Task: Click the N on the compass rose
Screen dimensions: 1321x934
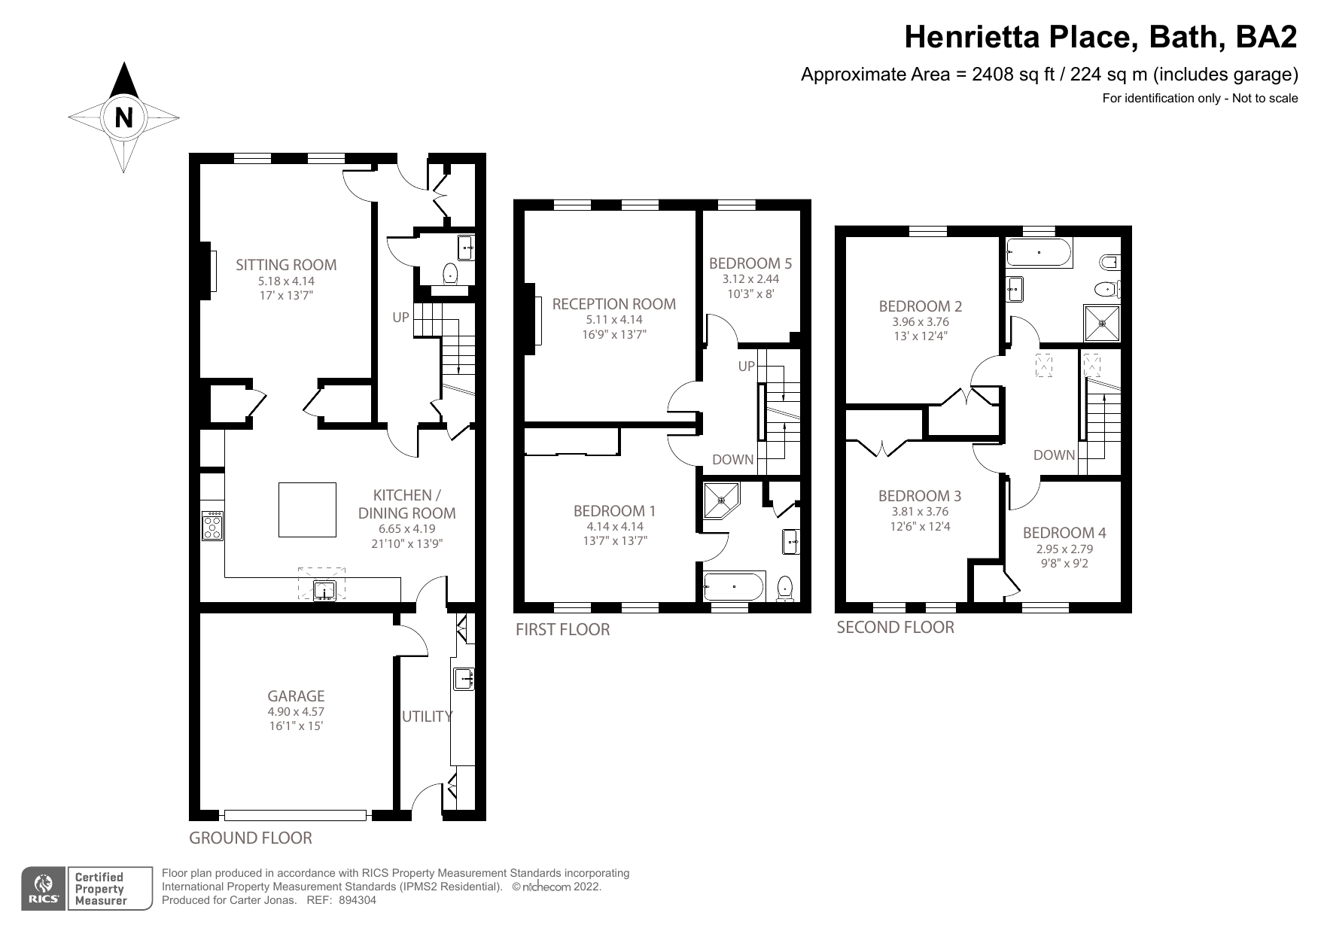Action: click(124, 118)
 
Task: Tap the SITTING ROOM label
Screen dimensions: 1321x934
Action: click(286, 265)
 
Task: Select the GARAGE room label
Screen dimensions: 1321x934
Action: click(297, 696)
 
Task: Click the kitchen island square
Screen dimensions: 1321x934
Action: click(307, 510)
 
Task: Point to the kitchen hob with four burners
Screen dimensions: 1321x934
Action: click(213, 525)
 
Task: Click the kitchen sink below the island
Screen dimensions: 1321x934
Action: click(324, 591)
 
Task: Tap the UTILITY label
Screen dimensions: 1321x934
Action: click(427, 716)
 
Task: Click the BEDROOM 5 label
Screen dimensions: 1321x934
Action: click(750, 263)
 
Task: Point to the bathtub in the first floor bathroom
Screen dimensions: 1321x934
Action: click(734, 586)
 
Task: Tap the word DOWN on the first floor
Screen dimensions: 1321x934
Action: click(732, 460)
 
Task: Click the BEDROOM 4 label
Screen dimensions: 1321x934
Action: click(1064, 533)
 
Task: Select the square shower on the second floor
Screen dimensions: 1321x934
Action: click(1102, 324)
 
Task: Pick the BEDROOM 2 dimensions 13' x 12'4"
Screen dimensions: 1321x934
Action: click(921, 336)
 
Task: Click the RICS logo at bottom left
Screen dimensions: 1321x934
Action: click(44, 889)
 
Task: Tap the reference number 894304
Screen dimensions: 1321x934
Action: click(358, 899)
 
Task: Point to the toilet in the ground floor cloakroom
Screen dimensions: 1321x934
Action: click(451, 273)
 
